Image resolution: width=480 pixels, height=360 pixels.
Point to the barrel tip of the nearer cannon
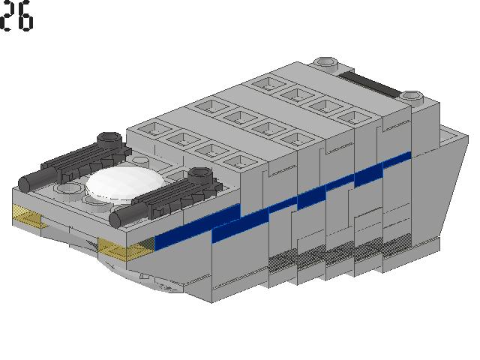tap(115, 219)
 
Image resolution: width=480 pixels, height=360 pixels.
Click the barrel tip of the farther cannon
tap(25, 184)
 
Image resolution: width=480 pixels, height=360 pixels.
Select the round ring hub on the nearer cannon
tap(200, 175)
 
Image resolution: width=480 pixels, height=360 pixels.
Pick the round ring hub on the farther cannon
tap(109, 139)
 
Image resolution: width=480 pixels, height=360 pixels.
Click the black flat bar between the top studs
tap(370, 83)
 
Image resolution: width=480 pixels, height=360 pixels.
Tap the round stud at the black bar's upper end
tap(325, 63)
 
